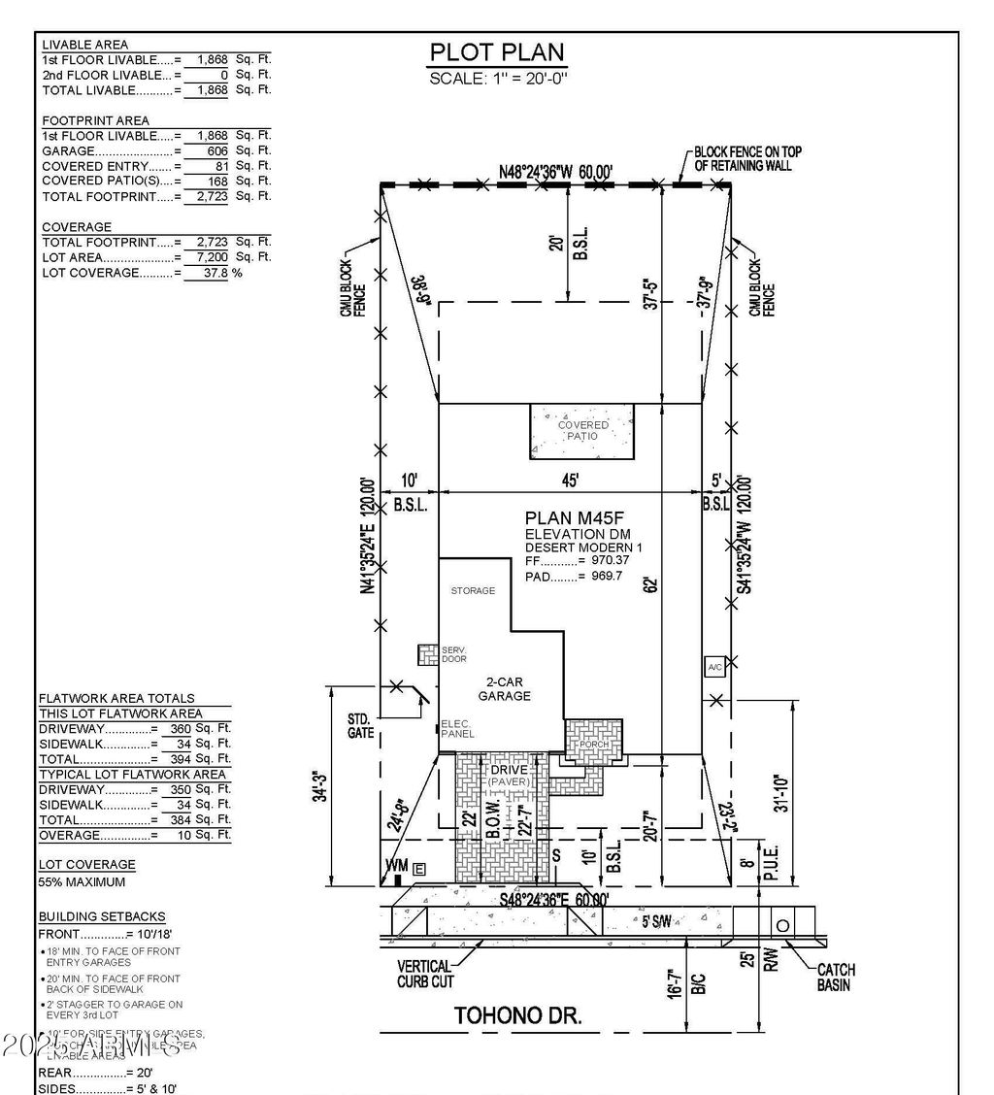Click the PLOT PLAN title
tap(497, 52)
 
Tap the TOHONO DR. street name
tap(518, 1016)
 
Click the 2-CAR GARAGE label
tap(504, 689)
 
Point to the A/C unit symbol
tap(715, 667)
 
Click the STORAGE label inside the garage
tap(473, 590)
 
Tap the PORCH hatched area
tap(594, 742)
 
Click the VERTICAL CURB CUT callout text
tap(425, 974)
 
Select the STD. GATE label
tap(360, 726)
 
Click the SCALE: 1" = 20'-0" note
tap(497, 78)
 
